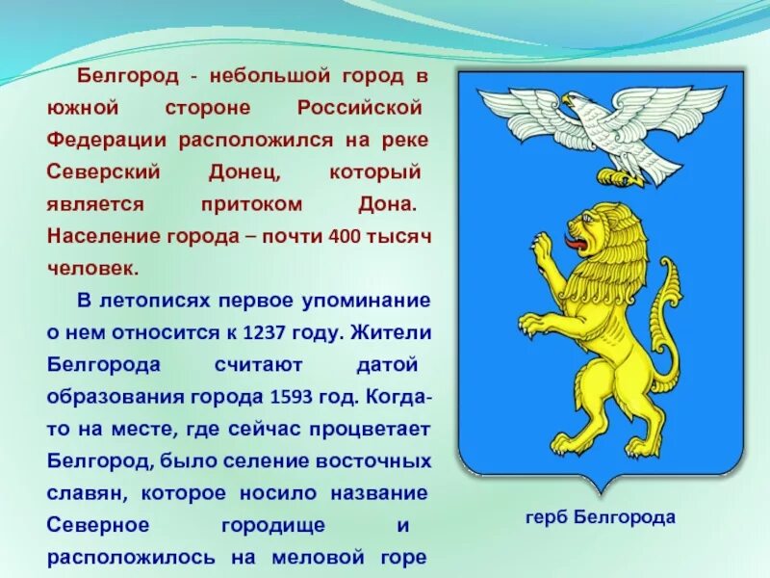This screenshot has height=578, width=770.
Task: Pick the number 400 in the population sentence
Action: [x=344, y=237]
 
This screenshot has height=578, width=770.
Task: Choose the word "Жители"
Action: [x=394, y=333]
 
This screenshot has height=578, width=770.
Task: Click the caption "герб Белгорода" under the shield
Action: [x=601, y=517]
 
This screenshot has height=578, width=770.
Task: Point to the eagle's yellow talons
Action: [x=619, y=176]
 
